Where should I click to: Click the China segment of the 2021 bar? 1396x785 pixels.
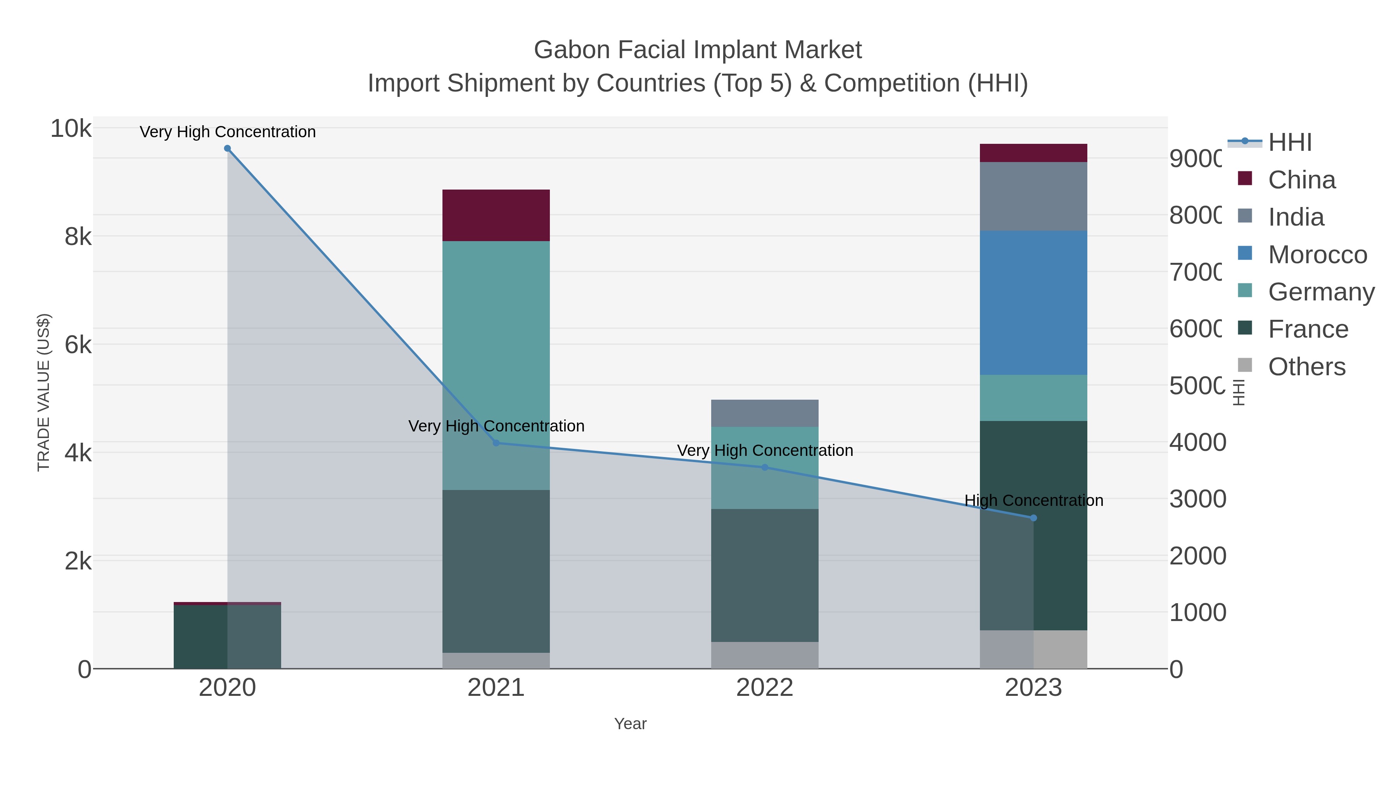point(496,215)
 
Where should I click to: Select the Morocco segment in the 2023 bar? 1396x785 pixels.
point(1033,302)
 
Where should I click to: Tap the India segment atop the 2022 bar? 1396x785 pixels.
point(764,413)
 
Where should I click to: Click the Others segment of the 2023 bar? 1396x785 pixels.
point(1033,649)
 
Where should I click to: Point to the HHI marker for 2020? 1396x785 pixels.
point(228,148)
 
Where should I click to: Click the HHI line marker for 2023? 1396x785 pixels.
point(1033,518)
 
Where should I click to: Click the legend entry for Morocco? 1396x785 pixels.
point(1317,255)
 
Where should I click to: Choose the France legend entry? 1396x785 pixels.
point(1308,330)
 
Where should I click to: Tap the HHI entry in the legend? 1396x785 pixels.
point(1290,143)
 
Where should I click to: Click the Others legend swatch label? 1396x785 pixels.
point(1306,367)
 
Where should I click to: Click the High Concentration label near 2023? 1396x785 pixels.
point(1033,500)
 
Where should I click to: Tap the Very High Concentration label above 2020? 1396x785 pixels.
point(228,132)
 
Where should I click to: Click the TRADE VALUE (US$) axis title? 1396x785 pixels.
point(43,392)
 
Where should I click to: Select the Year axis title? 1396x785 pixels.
point(630,724)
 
